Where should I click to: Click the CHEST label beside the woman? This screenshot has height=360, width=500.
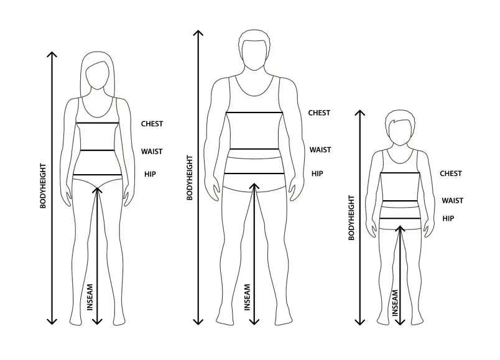click(152, 124)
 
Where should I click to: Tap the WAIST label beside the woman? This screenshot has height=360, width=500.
click(152, 152)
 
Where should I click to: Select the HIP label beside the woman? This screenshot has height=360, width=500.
click(150, 174)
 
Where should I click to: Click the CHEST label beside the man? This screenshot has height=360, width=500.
click(319, 113)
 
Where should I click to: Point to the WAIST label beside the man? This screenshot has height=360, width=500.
click(320, 150)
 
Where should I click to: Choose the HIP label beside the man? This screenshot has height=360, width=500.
click(317, 173)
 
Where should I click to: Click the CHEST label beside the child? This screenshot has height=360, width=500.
click(451, 173)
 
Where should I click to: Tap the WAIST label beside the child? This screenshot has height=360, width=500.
click(453, 201)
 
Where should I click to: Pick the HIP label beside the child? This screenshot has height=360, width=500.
click(448, 218)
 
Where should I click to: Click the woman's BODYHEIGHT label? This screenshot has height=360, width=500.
click(43, 186)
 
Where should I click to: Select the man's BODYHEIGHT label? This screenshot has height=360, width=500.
click(190, 178)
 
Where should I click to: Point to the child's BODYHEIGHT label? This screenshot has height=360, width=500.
click(351, 218)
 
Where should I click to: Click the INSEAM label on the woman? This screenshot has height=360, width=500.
click(90, 297)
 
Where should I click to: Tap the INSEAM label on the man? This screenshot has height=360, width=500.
click(248, 297)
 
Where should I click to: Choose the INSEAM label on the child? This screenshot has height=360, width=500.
click(396, 303)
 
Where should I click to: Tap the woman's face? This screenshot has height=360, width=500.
click(98, 76)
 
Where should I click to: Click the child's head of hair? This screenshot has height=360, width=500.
click(400, 119)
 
